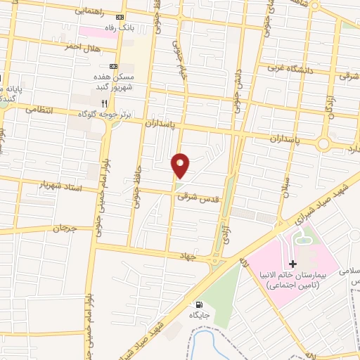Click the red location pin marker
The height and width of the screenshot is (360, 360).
(x=181, y=165)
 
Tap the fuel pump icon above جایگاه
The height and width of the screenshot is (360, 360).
(x=200, y=305)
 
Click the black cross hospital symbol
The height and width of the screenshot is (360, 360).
(x=293, y=264)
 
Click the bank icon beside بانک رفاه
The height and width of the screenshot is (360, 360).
(x=120, y=17)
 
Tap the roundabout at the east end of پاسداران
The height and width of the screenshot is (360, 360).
(x=323, y=143)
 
